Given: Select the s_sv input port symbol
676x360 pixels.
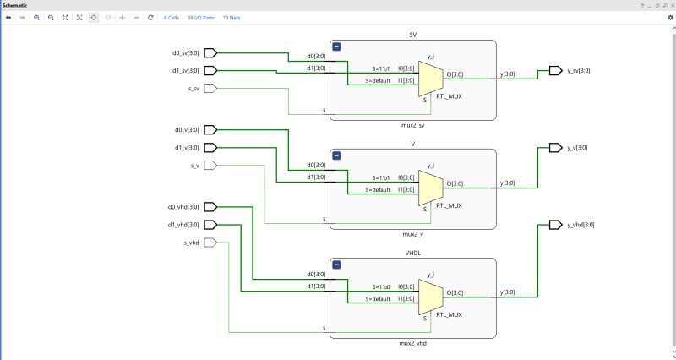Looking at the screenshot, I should (x=211, y=88).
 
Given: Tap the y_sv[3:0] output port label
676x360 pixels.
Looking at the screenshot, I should (x=578, y=70).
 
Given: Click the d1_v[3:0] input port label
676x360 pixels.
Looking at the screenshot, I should (x=187, y=148).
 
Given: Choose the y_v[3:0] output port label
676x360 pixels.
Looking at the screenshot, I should (x=577, y=147).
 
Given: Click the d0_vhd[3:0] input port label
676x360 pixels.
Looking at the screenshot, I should (x=183, y=206).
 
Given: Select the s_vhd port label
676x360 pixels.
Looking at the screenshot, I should (x=191, y=243).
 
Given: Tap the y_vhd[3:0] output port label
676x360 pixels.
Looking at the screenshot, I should (x=581, y=225).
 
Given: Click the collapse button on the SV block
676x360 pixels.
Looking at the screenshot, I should (x=336, y=47).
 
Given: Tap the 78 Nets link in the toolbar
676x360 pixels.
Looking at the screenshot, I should (x=232, y=17).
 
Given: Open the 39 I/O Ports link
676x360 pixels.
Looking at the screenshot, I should (x=200, y=17).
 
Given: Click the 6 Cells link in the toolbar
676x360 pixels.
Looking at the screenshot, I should (x=172, y=17).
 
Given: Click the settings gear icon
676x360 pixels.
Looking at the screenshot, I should (x=669, y=17).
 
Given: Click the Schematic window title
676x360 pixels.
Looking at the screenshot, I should (x=16, y=5).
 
